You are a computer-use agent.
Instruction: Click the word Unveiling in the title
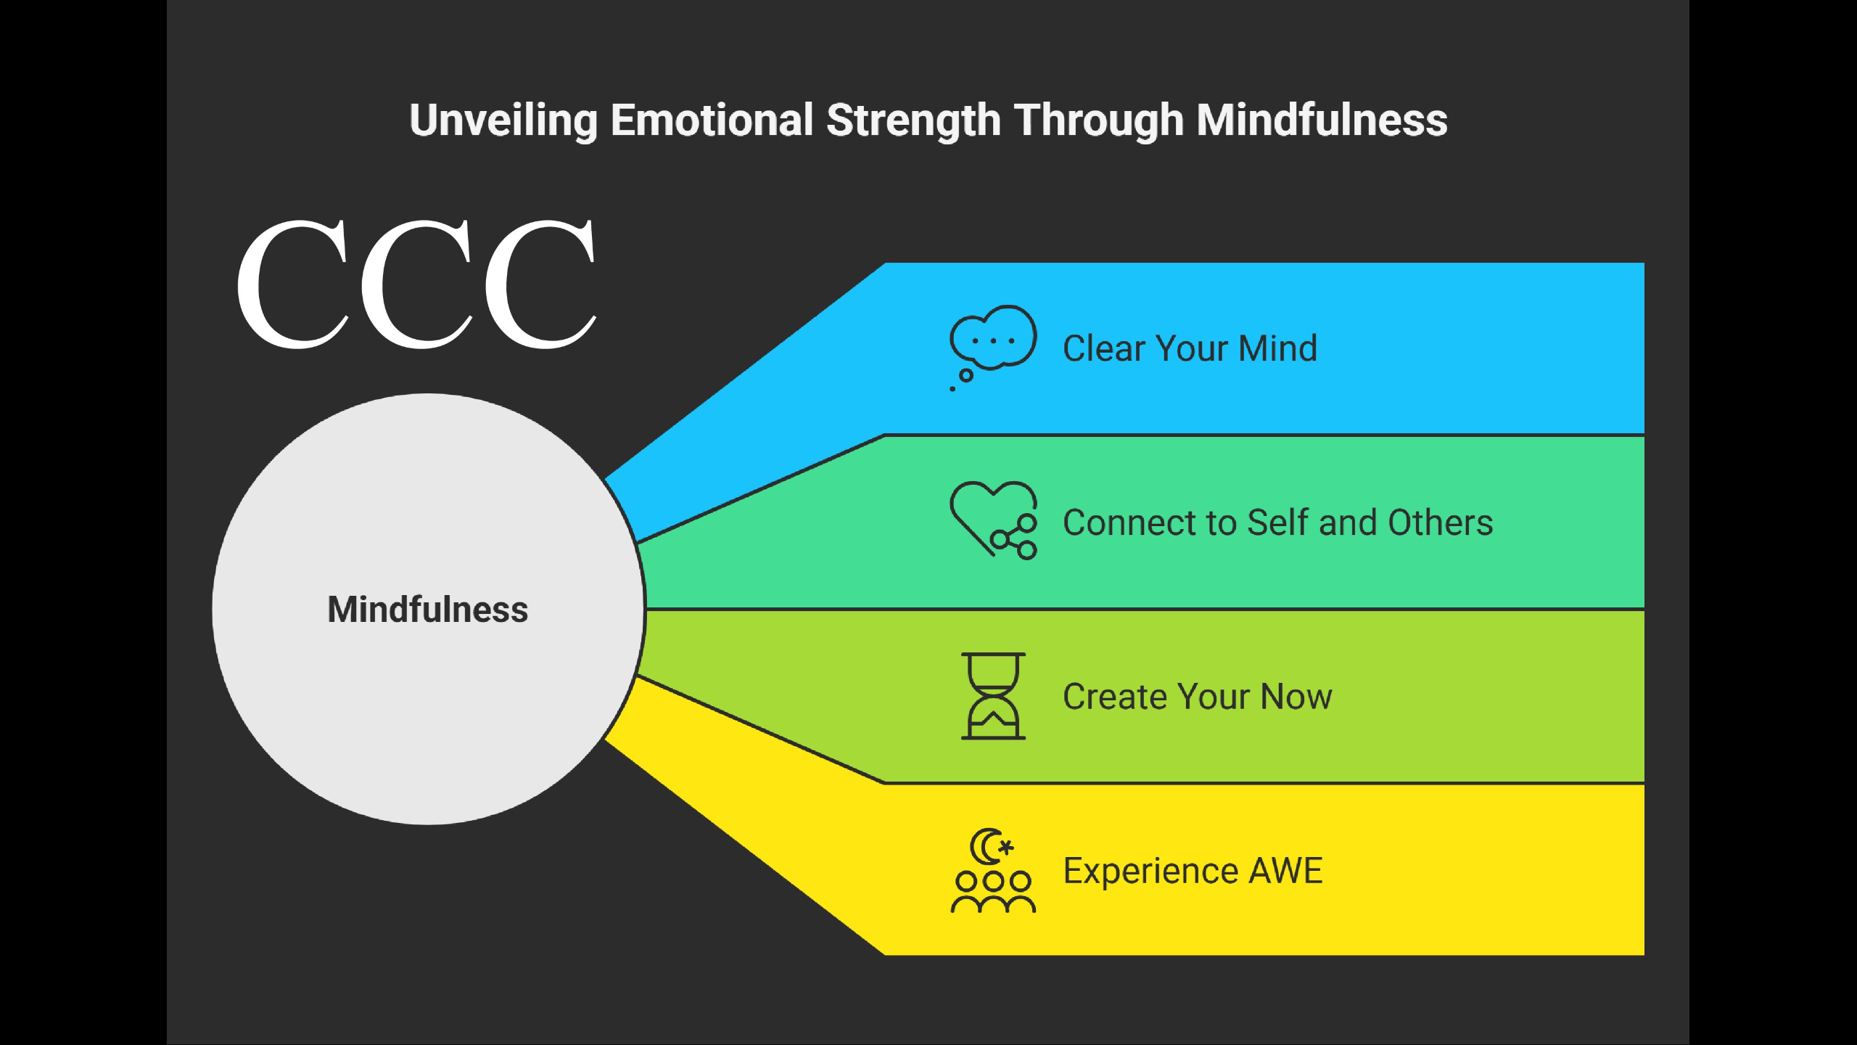click(503, 120)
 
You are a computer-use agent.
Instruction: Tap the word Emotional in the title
click(712, 120)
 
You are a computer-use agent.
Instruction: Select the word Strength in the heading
click(913, 121)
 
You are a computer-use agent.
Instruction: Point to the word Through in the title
click(1098, 121)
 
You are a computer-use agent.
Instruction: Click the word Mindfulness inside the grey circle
click(428, 610)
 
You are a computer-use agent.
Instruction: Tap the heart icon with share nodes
click(993, 520)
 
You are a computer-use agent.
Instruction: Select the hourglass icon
click(993, 696)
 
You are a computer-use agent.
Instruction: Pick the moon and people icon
click(993, 870)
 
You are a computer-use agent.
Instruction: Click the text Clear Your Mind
click(1190, 348)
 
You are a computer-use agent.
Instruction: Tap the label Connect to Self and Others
click(1278, 522)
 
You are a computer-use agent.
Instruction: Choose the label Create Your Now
click(1198, 697)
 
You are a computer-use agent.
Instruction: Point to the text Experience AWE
click(1193, 872)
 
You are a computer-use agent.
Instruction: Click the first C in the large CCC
click(293, 284)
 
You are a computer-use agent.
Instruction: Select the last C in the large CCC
click(540, 284)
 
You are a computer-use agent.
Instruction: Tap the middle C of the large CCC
click(417, 284)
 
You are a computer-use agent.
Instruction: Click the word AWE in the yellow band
click(1285, 871)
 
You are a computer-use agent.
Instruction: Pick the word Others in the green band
click(1441, 522)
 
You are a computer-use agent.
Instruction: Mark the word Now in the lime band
click(1296, 697)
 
